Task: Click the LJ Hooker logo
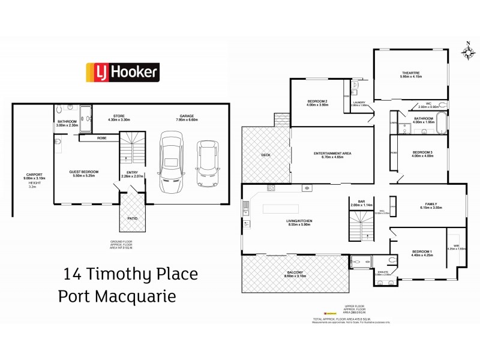124,73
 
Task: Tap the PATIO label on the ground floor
132,218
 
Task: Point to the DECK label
266,155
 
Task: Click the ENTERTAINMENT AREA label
328,153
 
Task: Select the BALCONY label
293,274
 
